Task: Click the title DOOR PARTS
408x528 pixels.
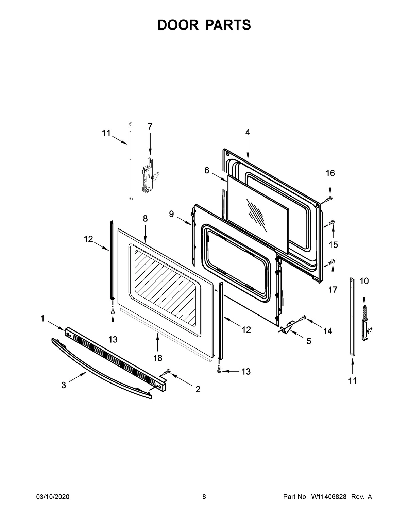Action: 204,25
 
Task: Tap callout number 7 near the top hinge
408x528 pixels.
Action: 150,126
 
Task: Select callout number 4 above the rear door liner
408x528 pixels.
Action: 248,132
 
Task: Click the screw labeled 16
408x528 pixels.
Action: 329,199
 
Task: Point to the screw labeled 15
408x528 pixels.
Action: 331,223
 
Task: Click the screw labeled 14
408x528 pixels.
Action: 302,318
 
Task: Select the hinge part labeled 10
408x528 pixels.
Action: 366,322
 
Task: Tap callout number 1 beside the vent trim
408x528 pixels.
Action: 42,319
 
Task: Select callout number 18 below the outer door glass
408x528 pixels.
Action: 158,358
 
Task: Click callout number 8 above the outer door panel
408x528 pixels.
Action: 145,219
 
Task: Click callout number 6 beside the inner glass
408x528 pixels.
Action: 207,170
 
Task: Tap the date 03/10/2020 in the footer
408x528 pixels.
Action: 53,497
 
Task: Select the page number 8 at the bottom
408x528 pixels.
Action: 204,497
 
